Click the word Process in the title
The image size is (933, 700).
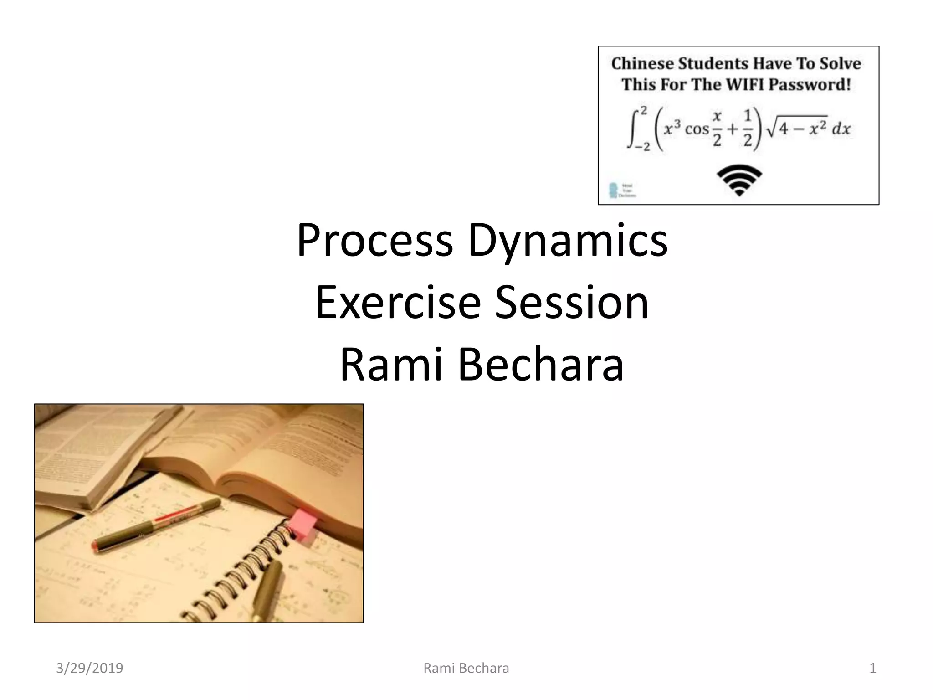click(374, 240)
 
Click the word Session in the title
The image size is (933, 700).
click(572, 302)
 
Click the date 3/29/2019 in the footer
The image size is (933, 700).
click(89, 668)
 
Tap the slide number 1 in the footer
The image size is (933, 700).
click(872, 668)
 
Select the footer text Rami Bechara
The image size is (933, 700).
click(466, 668)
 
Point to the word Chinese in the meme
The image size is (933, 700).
click(642, 63)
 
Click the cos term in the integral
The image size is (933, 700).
click(697, 129)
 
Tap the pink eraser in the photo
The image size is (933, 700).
click(304, 526)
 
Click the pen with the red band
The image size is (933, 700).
click(157, 524)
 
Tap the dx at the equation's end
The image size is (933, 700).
click(841, 129)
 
